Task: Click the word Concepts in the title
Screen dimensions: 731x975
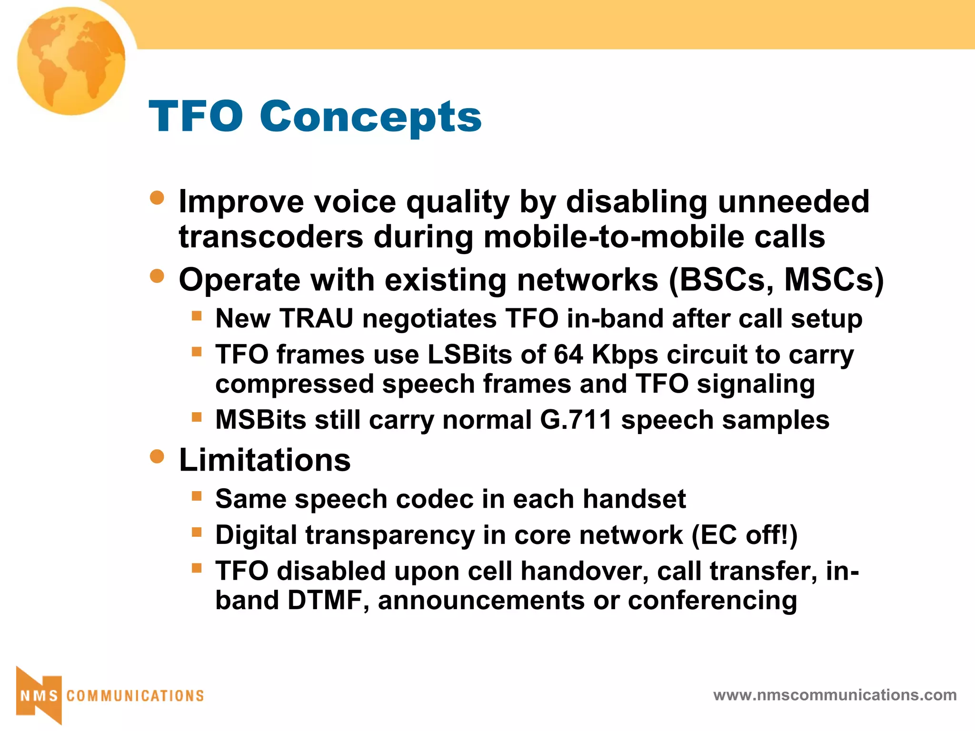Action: pos(370,117)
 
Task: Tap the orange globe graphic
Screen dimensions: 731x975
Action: pos(71,61)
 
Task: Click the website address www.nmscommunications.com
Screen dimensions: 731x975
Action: pos(835,695)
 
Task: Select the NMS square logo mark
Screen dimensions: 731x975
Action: pos(39,695)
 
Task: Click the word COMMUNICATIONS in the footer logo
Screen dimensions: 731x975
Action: pos(135,696)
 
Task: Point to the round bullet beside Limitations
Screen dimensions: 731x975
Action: pos(157,457)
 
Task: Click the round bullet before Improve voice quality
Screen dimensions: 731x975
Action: pos(157,198)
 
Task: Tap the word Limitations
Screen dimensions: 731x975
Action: pos(265,460)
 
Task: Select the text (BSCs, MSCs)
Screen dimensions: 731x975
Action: pos(776,280)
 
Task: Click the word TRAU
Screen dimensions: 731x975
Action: pos(317,318)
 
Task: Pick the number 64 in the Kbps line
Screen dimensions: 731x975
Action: pos(568,355)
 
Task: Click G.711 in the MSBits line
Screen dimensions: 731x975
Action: pos(576,420)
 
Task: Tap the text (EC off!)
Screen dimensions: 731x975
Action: pos(744,535)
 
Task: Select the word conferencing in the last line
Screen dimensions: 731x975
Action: pos(712,600)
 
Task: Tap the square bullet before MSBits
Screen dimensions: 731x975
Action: pos(197,417)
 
